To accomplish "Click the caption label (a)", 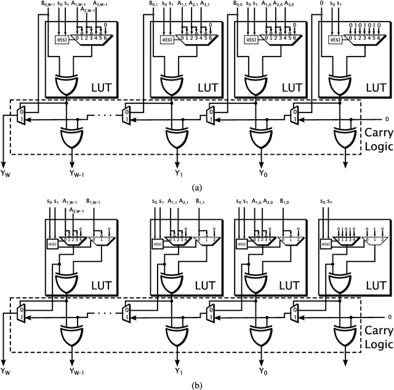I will pyautogui.click(x=196, y=187).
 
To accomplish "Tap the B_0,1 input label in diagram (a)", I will pyautogui.click(x=156, y=4).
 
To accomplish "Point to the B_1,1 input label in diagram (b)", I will pyautogui.click(x=201, y=202).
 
